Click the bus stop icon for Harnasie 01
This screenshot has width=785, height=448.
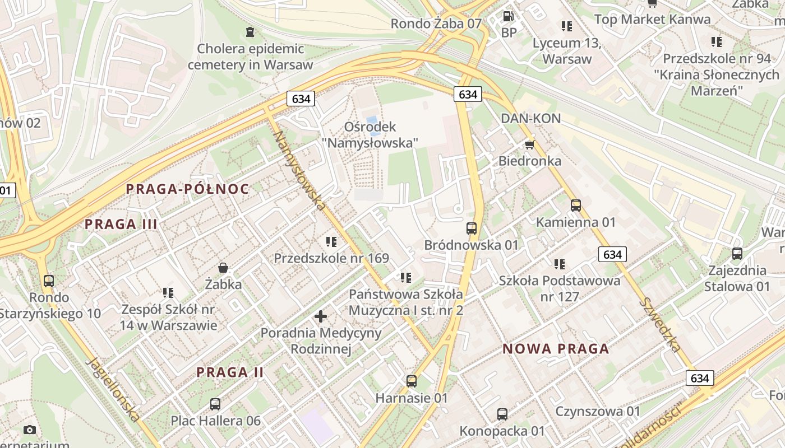click(412, 381)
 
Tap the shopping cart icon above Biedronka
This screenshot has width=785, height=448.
click(529, 145)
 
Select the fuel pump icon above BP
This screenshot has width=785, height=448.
click(509, 17)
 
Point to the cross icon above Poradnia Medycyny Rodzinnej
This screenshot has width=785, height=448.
click(321, 317)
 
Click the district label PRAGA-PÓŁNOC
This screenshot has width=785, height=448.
click(187, 189)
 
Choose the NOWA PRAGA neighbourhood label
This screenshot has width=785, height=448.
click(556, 349)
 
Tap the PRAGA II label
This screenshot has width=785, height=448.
click(230, 372)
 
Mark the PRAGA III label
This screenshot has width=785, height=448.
click(121, 225)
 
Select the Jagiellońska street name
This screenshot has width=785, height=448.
click(113, 390)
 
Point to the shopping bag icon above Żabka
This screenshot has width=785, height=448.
click(223, 268)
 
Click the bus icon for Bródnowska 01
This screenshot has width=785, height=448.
click(472, 228)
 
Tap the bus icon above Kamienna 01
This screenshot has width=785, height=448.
click(576, 206)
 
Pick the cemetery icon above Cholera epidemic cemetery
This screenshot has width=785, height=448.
click(250, 31)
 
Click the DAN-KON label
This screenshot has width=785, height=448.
click(530, 119)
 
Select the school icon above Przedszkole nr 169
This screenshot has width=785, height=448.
click(331, 242)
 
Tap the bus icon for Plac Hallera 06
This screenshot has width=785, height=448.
click(215, 404)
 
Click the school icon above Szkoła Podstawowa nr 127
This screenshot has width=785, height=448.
click(560, 264)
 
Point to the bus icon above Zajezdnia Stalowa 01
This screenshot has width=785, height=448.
click(737, 254)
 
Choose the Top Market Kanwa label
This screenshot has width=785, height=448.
click(652, 20)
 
